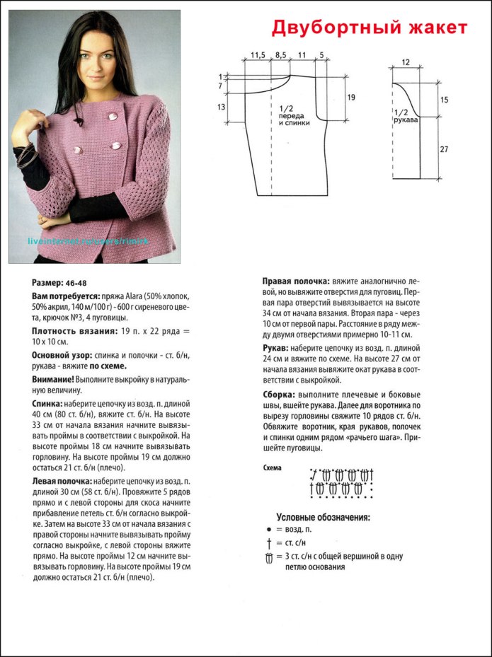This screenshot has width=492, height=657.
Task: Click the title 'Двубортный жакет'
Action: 370,28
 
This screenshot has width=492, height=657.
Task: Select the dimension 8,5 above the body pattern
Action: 280,54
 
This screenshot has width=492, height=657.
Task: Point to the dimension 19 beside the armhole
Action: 351,97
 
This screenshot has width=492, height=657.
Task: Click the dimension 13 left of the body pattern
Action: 221,107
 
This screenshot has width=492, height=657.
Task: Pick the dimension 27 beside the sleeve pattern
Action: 444,149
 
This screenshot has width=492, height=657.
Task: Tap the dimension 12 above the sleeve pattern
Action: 405,63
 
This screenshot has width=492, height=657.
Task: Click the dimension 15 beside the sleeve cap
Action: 444,100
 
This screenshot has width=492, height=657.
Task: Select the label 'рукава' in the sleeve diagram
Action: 406,120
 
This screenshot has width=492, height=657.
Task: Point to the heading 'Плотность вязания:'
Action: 68,330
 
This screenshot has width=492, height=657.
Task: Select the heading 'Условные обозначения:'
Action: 323,518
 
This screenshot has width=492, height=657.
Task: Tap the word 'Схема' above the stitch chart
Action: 272,468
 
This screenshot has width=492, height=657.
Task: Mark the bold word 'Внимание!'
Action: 52,379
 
